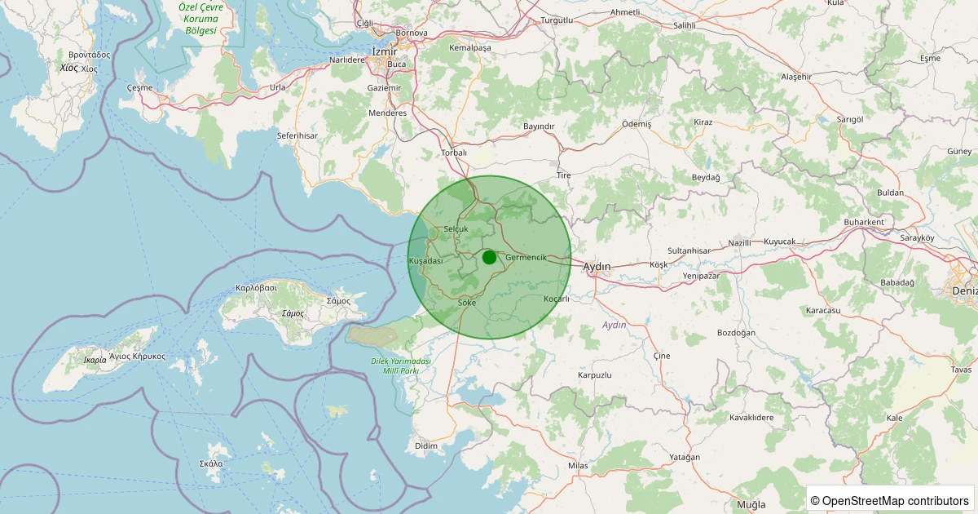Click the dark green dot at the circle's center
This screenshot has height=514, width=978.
tap(489, 258)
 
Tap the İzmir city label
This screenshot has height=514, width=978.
tap(384, 51)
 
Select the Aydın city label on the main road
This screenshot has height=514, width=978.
tap(597, 266)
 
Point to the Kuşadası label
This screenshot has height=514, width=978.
tap(425, 260)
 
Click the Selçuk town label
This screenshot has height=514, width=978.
tap(456, 229)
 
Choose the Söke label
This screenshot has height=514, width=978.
tap(467, 303)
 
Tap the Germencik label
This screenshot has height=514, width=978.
tap(526, 257)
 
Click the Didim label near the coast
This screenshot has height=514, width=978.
tap(425, 445)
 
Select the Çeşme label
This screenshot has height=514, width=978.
tap(140, 86)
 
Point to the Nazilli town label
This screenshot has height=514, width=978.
tap(739, 243)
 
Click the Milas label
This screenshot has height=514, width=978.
tap(578, 465)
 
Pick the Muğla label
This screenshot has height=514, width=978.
tap(751, 504)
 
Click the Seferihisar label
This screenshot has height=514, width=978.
tap(297, 135)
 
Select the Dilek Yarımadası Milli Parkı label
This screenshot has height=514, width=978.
tap(400, 366)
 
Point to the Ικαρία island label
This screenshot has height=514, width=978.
tap(95, 359)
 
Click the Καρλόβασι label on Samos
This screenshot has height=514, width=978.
tap(257, 287)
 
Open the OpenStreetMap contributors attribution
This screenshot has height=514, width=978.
tap(889, 500)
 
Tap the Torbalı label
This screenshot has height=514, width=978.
tap(453, 153)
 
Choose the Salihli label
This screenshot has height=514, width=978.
tap(684, 25)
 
